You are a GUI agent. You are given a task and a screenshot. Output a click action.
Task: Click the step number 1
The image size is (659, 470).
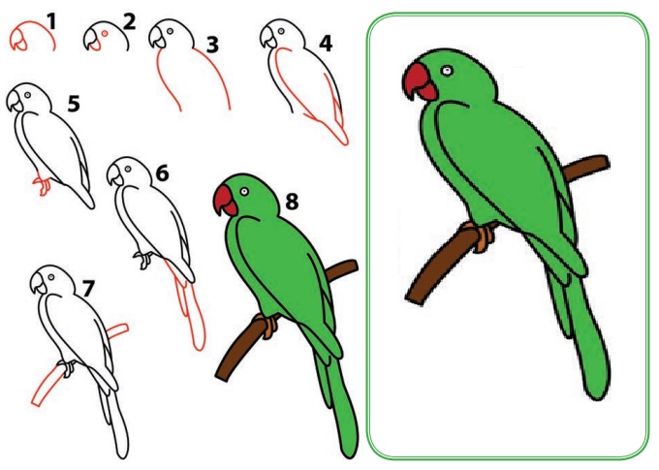(x=51, y=21)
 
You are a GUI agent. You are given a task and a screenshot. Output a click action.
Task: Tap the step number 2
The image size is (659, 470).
(x=130, y=22)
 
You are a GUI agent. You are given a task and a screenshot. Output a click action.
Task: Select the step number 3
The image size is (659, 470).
(x=212, y=45)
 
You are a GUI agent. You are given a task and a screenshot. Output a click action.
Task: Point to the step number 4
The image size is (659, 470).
(x=326, y=44)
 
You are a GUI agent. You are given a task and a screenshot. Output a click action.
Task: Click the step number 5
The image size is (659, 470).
(x=74, y=104)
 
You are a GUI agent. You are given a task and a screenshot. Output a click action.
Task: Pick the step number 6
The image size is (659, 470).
(x=162, y=173)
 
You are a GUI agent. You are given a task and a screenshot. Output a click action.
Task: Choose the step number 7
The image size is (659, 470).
(x=88, y=289)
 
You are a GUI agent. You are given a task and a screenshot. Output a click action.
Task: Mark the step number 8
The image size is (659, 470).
(x=292, y=202)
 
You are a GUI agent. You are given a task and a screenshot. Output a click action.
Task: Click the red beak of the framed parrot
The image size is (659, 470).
(x=420, y=82)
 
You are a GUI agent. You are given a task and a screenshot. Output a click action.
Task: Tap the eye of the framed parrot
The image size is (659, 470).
(x=447, y=71)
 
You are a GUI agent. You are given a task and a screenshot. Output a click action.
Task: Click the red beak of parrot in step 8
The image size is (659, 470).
(x=226, y=201)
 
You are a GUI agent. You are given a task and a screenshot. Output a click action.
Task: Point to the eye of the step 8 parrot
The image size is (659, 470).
(x=244, y=192)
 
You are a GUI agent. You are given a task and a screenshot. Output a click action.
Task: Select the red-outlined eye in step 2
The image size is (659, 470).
(x=105, y=33)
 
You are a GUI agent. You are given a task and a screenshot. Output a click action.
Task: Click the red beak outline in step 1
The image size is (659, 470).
(x=19, y=42)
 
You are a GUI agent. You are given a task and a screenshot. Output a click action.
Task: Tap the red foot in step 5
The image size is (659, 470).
(x=42, y=185)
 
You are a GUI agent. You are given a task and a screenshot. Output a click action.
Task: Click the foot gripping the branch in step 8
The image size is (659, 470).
(x=267, y=326)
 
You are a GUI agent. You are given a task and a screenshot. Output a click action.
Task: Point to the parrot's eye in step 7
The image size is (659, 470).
(x=51, y=277)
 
